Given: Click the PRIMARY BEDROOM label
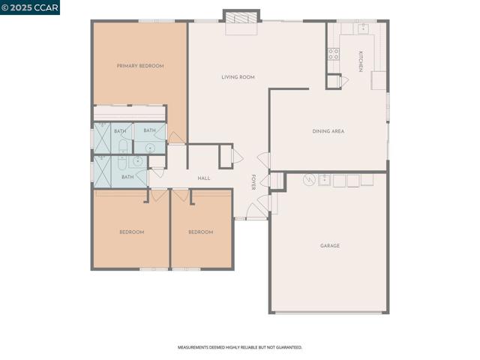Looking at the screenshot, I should pyautogui.click(x=140, y=66).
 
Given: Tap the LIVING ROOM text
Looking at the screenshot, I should pyautogui.click(x=238, y=77).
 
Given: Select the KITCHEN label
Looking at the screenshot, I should pyautogui.click(x=361, y=61).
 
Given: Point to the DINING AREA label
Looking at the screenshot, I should pyautogui.click(x=328, y=131).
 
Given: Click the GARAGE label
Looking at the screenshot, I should pyautogui.click(x=329, y=246).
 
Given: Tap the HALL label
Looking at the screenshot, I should pyautogui.click(x=203, y=178).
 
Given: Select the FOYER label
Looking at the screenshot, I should pyautogui.click(x=253, y=182).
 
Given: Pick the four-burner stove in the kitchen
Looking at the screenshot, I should pyautogui.click(x=333, y=54).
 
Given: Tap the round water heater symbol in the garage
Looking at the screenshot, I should pyautogui.click(x=308, y=180).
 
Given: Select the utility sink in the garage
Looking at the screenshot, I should pyautogui.click(x=324, y=180).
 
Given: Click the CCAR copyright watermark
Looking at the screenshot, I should pyautogui.click(x=30, y=7).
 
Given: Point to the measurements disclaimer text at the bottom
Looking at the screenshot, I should pyautogui.click(x=239, y=347).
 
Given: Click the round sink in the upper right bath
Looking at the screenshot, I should pyautogui.click(x=149, y=148).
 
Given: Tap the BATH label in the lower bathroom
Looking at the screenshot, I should pyautogui.click(x=127, y=177).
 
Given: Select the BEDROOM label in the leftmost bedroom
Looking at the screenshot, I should pyautogui.click(x=131, y=232).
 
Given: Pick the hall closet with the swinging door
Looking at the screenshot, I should pyautogui.click(x=226, y=156).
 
